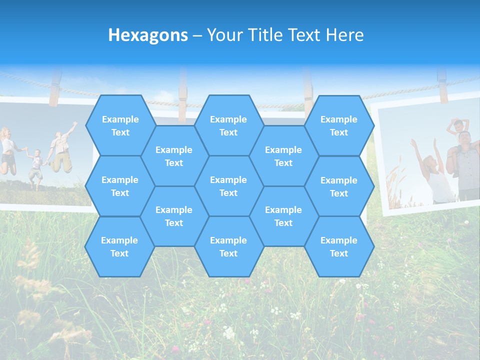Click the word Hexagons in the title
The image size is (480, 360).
click(x=148, y=35)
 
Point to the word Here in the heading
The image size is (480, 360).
click(x=345, y=35)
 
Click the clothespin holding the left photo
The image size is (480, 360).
click(x=54, y=88)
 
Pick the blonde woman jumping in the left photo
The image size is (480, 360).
click(x=7, y=150)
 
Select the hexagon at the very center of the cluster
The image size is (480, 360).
click(x=228, y=186)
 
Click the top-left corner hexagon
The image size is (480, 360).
click(x=120, y=125)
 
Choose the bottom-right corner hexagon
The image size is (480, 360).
click(x=338, y=246)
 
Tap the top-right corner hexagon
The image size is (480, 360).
click(x=338, y=125)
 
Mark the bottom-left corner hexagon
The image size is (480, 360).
click(x=119, y=246)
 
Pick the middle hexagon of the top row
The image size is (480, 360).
click(x=228, y=125)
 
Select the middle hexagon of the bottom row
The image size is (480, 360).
click(x=228, y=246)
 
